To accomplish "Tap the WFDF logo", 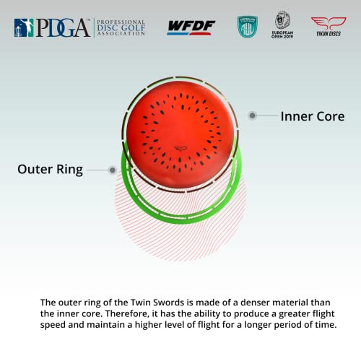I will click(191, 27).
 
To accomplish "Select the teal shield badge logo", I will click(248, 27).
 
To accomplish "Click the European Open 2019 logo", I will click(283, 25).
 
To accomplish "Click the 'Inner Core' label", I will click(312, 116).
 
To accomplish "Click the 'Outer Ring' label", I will click(50, 170).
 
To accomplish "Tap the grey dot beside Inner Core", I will click(252, 115).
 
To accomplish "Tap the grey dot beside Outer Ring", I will click(113, 170).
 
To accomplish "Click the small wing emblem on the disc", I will click(180, 148).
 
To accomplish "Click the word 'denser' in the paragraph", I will click(256, 302).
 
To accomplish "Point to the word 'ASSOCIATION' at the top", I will click(126, 34).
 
